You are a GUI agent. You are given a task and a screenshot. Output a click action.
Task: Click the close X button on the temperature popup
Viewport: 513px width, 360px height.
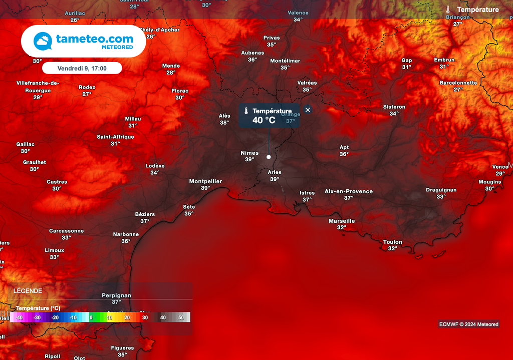click(308, 110)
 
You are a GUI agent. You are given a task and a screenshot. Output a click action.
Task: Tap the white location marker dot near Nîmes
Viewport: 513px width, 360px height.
click(269, 157)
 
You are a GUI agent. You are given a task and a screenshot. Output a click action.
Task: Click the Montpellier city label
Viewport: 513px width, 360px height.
click(205, 181)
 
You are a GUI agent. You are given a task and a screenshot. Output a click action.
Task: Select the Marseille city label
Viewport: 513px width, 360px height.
click(342, 221)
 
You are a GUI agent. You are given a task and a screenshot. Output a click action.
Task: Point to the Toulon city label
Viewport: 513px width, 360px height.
click(393, 242)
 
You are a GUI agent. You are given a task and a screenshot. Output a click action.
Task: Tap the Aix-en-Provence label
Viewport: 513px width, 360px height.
click(349, 191)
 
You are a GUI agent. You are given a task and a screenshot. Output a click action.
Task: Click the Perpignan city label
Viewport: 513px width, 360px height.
click(116, 295)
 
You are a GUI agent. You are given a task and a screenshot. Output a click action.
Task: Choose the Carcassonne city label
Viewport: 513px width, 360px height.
click(66, 231)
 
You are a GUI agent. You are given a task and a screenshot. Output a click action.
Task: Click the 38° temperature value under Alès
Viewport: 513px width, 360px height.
click(224, 122)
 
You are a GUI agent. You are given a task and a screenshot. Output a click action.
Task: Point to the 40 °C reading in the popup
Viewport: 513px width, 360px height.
click(264, 120)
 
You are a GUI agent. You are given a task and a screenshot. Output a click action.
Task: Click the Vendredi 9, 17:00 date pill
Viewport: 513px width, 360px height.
click(82, 68)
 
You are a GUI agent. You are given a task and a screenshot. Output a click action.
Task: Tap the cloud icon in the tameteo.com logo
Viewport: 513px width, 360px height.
click(43, 42)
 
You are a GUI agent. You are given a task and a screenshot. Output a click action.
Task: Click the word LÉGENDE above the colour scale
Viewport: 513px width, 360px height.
click(28, 291)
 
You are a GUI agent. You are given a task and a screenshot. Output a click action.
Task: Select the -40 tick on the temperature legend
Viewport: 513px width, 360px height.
click(19, 317)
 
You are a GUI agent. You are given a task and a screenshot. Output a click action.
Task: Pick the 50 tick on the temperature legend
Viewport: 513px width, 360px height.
click(181, 317)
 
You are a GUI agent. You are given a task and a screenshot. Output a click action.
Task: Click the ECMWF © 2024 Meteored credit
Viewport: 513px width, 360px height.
click(468, 324)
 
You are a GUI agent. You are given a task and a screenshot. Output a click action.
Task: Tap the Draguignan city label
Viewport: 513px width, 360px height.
click(441, 190)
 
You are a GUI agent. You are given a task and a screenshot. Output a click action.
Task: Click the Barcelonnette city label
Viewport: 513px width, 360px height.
click(458, 83)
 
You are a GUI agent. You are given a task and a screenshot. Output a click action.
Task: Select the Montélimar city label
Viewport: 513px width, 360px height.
click(285, 61)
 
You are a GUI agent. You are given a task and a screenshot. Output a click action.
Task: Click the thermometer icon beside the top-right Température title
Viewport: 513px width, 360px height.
click(448, 10)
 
